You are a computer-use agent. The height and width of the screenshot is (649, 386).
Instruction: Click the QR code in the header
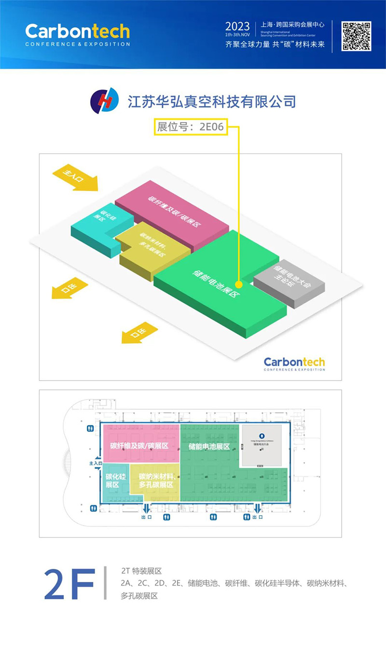click(x=357, y=36)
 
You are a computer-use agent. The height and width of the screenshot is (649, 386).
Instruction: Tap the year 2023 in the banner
click(x=237, y=26)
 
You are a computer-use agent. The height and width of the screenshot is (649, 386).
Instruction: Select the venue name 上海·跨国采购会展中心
click(x=292, y=24)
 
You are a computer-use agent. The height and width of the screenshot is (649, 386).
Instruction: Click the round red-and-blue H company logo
click(x=105, y=100)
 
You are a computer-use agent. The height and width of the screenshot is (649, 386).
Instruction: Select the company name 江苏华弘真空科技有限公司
click(x=211, y=101)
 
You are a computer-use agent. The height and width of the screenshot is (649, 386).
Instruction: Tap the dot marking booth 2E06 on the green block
click(x=238, y=284)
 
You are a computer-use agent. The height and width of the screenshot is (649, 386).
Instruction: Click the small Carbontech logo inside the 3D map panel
click(x=294, y=363)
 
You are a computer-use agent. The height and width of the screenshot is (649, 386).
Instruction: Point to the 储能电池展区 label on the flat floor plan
click(x=209, y=447)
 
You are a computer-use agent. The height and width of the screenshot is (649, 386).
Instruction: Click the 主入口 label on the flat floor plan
click(x=96, y=464)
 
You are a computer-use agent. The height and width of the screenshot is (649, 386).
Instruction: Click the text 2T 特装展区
click(x=145, y=572)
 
